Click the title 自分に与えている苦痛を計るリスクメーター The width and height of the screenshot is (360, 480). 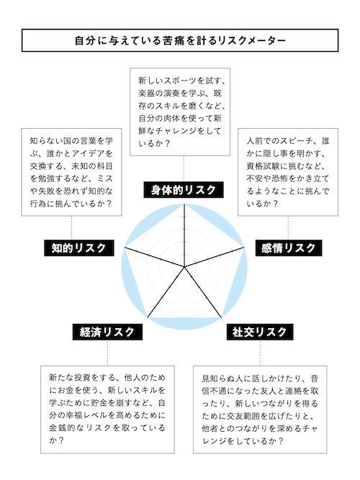coord(180,40)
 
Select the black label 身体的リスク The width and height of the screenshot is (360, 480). coord(184,190)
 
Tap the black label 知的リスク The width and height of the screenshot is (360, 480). coord(78,248)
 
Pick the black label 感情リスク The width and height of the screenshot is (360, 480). coord(289,248)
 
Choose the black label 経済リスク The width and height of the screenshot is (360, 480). coord(107,332)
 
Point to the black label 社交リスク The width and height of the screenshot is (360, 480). coord(260,332)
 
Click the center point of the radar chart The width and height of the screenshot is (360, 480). coord(184,267)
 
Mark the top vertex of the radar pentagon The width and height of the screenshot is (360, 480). coord(184,204)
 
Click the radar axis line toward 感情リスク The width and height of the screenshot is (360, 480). coord(214,256)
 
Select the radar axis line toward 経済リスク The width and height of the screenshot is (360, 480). coord(166,292)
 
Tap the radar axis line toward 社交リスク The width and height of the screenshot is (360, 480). coord(202,292)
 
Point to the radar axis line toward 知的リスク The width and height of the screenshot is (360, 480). coord(154,256)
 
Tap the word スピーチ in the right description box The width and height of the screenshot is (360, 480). coord(297,141)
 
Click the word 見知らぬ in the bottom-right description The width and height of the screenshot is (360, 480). coord(214,379)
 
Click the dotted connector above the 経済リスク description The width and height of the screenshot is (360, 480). coord(107,353)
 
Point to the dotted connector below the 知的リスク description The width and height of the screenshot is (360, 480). coord(72,227)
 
